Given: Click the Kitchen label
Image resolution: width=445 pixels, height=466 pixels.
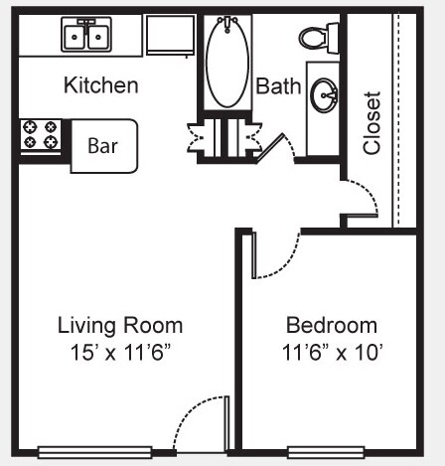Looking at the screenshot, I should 100,85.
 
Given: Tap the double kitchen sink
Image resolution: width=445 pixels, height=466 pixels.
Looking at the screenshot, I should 86,35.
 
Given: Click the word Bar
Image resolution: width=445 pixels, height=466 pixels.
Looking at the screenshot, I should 102,146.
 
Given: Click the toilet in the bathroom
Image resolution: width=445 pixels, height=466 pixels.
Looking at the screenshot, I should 313,38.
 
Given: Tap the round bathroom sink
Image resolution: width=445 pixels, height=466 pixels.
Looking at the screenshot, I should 323,96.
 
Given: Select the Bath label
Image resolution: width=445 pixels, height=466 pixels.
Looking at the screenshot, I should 278,86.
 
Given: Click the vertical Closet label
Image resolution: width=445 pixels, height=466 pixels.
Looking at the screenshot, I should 372,123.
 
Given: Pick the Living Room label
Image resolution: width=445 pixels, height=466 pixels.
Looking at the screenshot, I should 120,325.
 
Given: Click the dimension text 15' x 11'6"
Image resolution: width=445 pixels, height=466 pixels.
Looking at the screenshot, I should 120,350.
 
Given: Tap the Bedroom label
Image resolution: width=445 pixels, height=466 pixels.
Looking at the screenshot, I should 332,325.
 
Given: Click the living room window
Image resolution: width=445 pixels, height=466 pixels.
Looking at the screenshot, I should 94,452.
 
